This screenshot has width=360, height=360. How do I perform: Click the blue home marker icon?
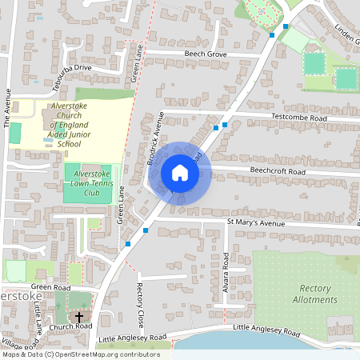[x=180, y=173]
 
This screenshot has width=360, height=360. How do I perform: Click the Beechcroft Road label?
[x=278, y=172]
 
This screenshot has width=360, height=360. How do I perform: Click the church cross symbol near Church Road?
[x=78, y=318]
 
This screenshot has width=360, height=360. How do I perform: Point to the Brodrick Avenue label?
[x=154, y=140]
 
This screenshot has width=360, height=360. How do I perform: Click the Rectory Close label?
[x=140, y=297]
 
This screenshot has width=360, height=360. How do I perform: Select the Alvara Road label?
[x=226, y=272]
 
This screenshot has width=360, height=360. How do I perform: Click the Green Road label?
[x=51, y=286]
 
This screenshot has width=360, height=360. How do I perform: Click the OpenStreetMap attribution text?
[x=80, y=354]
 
